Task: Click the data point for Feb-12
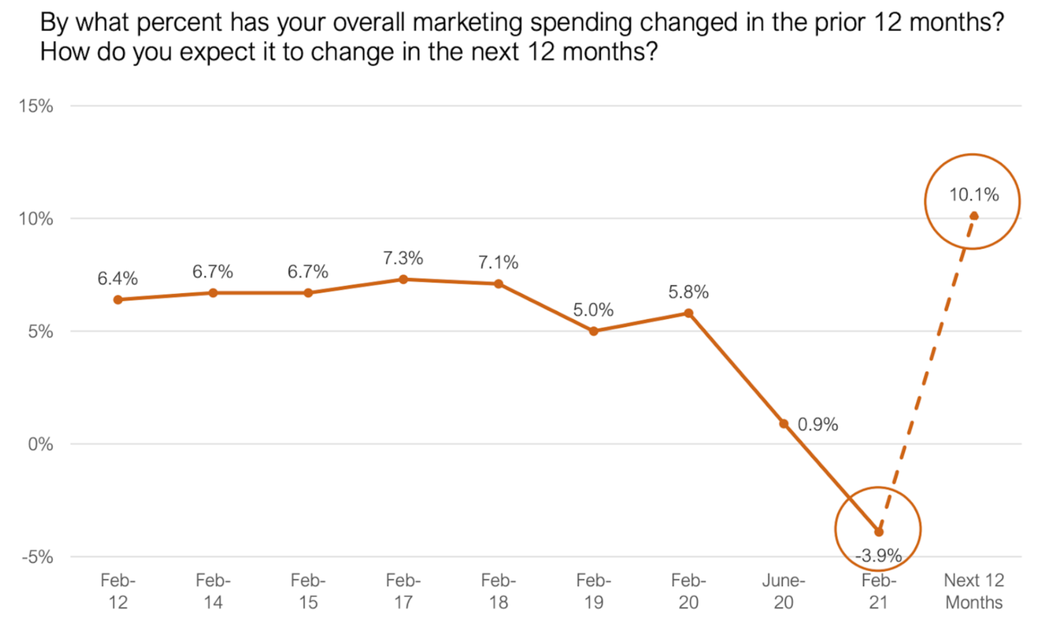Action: (x=118, y=300)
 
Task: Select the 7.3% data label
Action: (x=403, y=258)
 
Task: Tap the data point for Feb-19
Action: (x=593, y=331)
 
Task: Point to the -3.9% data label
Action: (x=878, y=556)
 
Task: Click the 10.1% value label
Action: (x=974, y=195)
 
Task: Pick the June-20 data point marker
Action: (x=784, y=423)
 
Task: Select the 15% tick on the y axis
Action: (x=36, y=106)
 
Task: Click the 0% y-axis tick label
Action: (x=40, y=444)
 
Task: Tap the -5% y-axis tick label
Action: (x=37, y=557)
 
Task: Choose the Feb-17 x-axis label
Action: (x=403, y=591)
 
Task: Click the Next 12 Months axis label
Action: (x=974, y=591)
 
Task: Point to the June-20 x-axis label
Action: (x=784, y=591)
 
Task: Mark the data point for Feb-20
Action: (x=688, y=313)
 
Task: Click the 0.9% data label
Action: (x=818, y=425)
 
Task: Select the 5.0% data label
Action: (x=593, y=310)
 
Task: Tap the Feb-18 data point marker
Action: (x=498, y=284)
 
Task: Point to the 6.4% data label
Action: (x=118, y=278)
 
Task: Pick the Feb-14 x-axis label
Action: (x=213, y=591)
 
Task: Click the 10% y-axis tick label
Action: (x=36, y=219)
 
